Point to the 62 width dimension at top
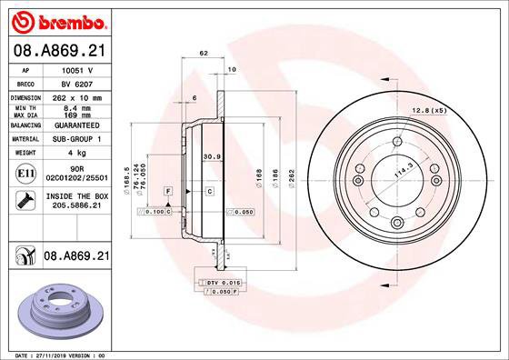click(204, 55)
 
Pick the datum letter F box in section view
click(168, 191)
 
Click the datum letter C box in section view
click(208, 191)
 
